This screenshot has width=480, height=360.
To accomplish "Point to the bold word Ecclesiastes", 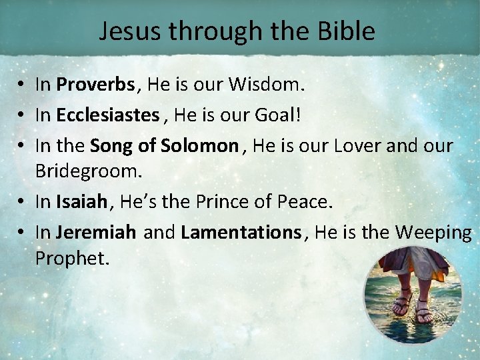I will (107, 115).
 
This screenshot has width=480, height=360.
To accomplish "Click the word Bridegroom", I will (89, 171).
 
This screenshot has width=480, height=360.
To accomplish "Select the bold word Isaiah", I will (81, 201).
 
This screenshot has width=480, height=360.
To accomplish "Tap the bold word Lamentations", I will (241, 232).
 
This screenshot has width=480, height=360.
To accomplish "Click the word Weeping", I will (433, 232).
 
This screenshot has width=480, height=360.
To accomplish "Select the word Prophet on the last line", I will (71, 257).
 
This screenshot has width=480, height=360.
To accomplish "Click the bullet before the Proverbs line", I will (22, 85).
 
